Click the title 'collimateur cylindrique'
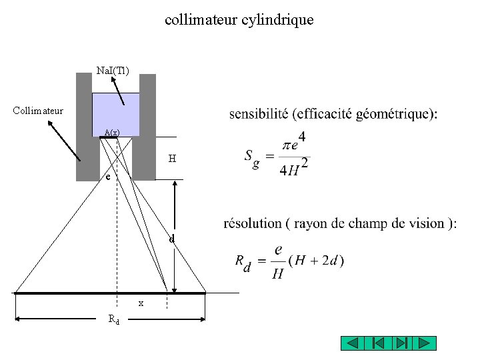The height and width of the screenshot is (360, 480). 239,20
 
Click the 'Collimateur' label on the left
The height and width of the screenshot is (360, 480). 39,110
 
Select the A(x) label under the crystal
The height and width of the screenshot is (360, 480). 112,133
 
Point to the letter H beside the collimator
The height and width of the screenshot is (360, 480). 173,159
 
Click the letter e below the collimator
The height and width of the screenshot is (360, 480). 106,178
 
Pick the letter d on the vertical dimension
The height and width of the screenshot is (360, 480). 171,238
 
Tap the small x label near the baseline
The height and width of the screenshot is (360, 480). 141,303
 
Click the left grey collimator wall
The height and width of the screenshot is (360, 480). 83,127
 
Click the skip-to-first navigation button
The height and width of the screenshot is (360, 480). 377,343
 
